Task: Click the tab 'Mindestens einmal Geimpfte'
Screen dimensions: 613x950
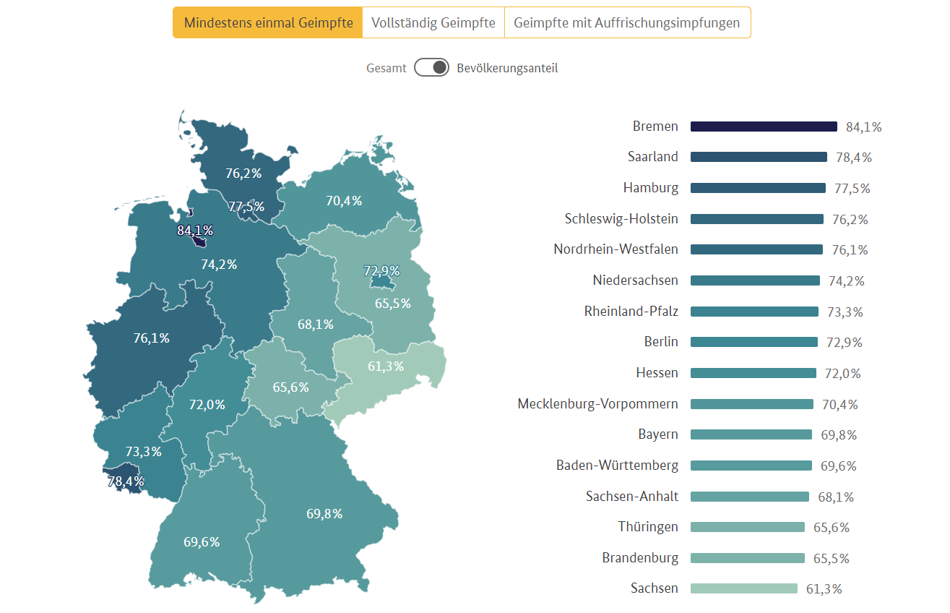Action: click(x=267, y=22)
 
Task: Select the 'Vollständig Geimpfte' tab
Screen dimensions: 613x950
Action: click(x=433, y=22)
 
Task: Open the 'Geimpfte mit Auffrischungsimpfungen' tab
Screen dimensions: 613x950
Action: click(x=626, y=22)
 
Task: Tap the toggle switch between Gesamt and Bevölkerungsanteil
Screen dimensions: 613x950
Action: click(x=432, y=68)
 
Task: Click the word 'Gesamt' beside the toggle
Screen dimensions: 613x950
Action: click(x=386, y=68)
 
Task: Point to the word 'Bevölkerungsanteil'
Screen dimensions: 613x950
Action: click(x=507, y=68)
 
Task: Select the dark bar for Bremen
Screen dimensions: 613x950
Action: click(x=764, y=127)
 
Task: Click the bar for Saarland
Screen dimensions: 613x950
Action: click(x=759, y=157)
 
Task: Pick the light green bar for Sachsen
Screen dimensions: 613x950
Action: click(x=743, y=588)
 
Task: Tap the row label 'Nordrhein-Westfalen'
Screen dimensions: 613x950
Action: click(x=616, y=249)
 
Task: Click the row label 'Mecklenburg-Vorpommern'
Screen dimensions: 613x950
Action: click(x=597, y=404)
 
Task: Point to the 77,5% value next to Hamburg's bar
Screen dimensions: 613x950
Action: click(x=852, y=189)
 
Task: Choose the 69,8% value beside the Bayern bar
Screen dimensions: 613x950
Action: click(x=839, y=435)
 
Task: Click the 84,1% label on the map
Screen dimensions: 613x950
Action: click(x=195, y=231)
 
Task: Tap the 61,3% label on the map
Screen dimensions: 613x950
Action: click(x=386, y=366)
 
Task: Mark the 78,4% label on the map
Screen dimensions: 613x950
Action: click(x=126, y=481)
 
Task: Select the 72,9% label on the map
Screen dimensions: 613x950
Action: click(x=381, y=271)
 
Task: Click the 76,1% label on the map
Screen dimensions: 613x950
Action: click(x=152, y=338)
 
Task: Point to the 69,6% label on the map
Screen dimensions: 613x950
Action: click(x=202, y=541)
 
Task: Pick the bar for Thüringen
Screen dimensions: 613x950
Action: click(x=747, y=527)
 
